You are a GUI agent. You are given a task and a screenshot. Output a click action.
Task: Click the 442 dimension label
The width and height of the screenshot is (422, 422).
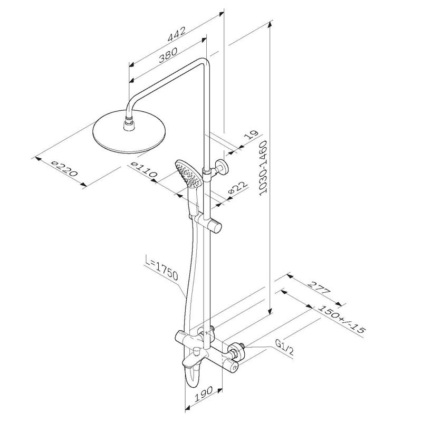(x=177, y=34)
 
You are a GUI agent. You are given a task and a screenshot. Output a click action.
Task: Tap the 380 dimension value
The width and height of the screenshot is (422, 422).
(x=168, y=55)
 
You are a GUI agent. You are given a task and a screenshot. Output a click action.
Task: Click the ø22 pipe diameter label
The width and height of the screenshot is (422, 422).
(x=237, y=188)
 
